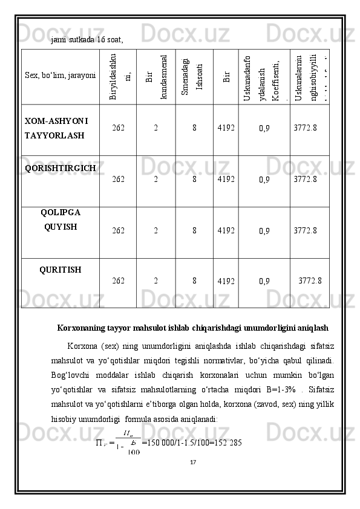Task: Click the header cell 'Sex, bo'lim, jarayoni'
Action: pos(60,76)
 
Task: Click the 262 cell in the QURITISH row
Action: pos(119,280)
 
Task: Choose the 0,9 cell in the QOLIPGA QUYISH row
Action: pos(264,230)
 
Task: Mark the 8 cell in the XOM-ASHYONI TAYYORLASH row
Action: pos(194,128)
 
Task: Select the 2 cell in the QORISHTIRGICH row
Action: pos(155,180)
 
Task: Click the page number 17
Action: pos(193,462)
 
